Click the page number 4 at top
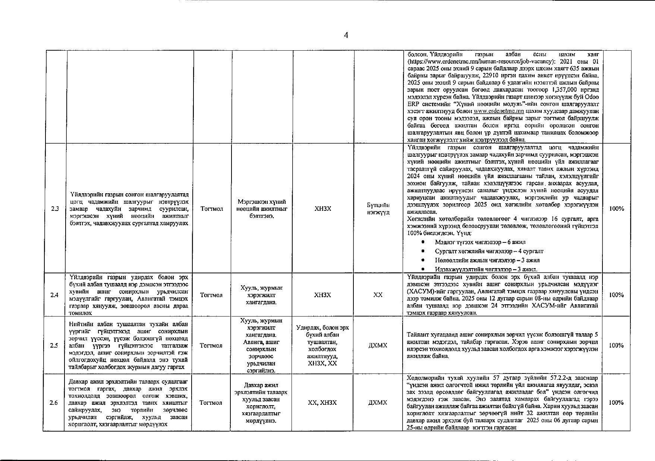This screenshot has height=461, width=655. (346, 35)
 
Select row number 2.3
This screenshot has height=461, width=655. (55, 209)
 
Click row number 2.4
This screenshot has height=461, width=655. (54, 295)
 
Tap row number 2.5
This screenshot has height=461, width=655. (54, 346)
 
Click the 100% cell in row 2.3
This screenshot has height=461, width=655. (616, 209)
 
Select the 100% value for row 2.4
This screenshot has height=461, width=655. (616, 295)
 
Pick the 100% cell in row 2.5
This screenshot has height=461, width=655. (616, 346)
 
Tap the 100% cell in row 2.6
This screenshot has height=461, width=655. (616, 403)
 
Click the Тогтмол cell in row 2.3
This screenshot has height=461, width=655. (212, 209)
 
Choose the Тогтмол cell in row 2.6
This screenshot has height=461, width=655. (211, 403)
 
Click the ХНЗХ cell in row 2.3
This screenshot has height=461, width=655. (323, 209)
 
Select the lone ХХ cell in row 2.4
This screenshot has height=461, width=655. (378, 295)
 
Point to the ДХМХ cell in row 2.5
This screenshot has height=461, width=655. (378, 346)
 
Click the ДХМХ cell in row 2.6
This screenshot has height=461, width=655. (378, 403)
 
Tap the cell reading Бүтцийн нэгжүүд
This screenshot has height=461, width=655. (378, 209)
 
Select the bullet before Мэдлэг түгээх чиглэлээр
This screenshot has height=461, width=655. (422, 242)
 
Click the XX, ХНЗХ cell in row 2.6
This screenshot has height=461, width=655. (322, 403)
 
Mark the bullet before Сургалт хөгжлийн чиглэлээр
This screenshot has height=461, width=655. (422, 251)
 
